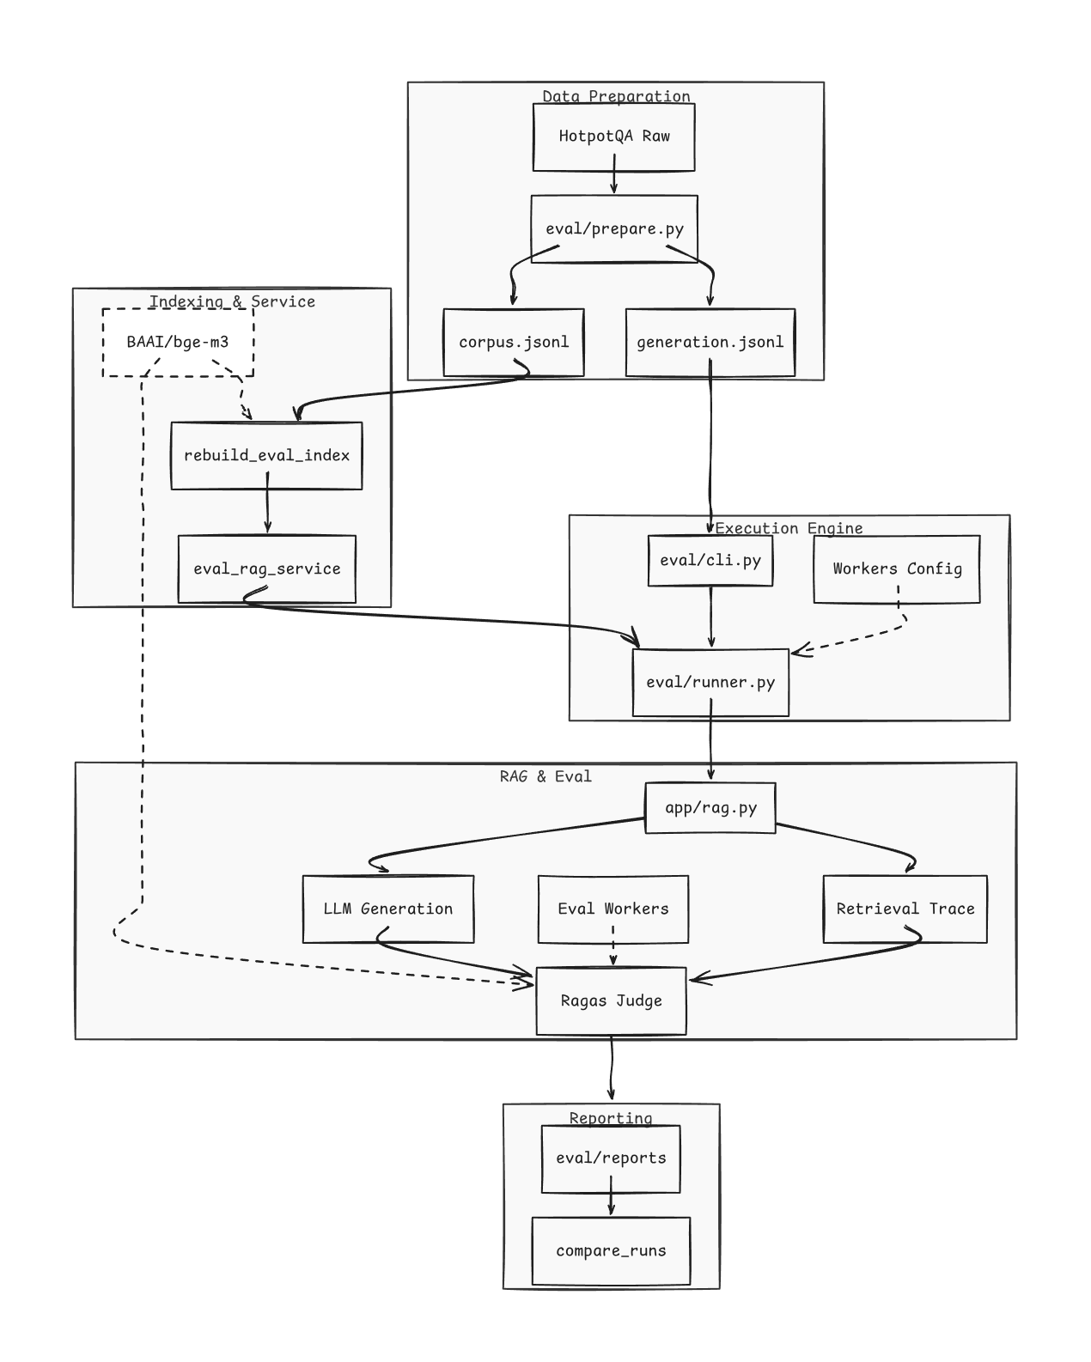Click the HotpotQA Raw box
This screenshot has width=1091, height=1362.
tap(613, 137)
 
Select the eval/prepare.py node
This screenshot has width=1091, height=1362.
tap(613, 228)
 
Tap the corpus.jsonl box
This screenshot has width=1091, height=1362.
tap(513, 343)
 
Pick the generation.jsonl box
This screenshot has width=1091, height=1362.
tap(710, 343)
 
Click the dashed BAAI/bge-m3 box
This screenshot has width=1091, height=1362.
tap(178, 343)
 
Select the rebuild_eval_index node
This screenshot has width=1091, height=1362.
tap(266, 456)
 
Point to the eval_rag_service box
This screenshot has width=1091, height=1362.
tap(266, 569)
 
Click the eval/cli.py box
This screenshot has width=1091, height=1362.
tap(710, 561)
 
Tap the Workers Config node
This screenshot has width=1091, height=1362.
tap(897, 569)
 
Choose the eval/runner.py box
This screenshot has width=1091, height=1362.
tap(710, 682)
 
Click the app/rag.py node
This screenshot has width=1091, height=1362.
tap(710, 807)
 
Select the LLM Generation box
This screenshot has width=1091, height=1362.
tap(388, 909)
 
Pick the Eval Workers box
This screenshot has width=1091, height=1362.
tap(613, 909)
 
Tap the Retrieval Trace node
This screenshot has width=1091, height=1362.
tap(905, 909)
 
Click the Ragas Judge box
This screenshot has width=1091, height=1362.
tap(611, 1000)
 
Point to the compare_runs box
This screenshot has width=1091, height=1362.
tap(611, 1250)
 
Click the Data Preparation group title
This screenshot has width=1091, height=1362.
tap(616, 96)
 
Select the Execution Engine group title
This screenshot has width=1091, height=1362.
tap(789, 528)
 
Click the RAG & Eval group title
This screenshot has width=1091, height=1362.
tap(545, 776)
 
